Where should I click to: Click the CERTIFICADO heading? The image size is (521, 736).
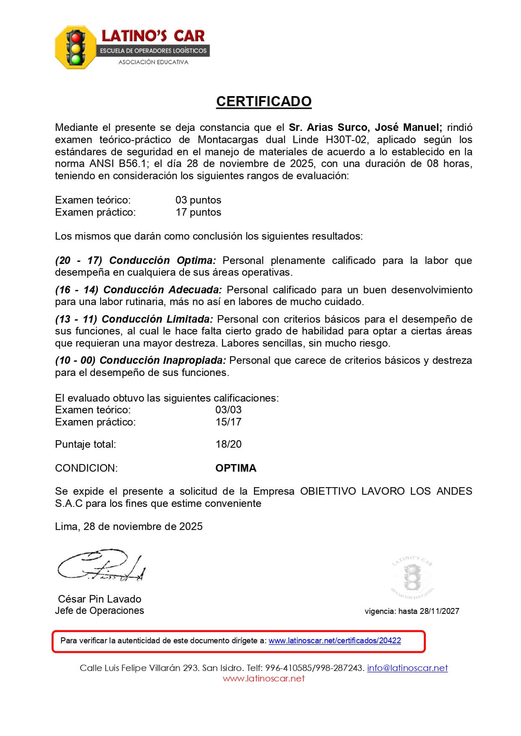click(x=264, y=102)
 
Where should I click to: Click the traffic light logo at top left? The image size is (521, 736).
click(x=76, y=47)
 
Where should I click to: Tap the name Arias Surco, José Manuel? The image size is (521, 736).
click(x=365, y=128)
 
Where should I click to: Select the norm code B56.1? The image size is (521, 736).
click(x=132, y=164)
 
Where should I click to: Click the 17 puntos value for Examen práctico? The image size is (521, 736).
click(x=198, y=212)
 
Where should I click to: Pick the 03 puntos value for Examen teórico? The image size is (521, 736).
click(x=198, y=200)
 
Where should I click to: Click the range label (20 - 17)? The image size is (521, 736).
click(x=79, y=261)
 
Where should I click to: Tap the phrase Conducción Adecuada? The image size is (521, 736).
click(x=162, y=290)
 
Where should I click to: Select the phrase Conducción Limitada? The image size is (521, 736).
click(x=157, y=319)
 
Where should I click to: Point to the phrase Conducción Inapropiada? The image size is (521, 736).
click(x=163, y=360)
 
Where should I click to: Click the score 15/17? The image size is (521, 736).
click(x=228, y=422)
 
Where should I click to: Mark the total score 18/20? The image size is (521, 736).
click(x=228, y=444)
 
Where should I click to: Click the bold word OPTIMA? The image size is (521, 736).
click(x=236, y=468)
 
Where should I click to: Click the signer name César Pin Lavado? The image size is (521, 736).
click(x=99, y=599)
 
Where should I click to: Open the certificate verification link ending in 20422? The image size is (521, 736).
click(x=335, y=641)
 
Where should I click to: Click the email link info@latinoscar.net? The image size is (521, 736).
click(x=407, y=668)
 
